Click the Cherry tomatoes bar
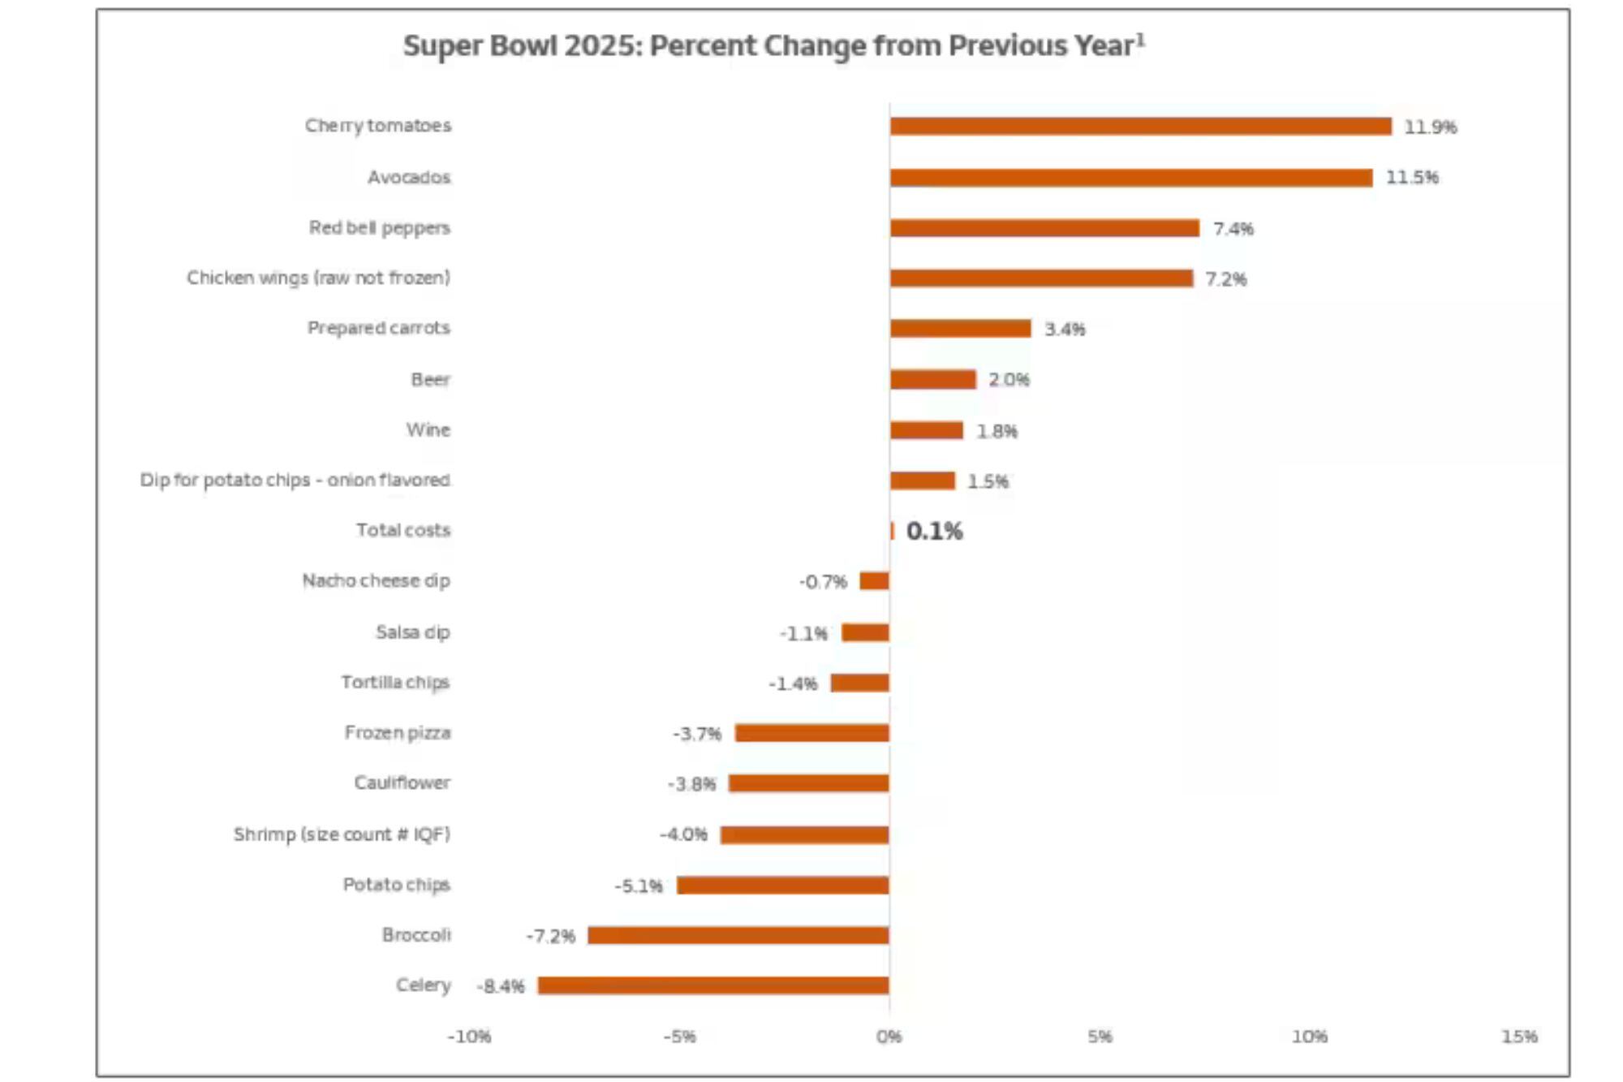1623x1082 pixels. click(1140, 126)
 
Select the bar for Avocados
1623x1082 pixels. click(1130, 177)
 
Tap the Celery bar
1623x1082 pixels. click(712, 985)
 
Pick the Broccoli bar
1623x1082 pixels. click(738, 935)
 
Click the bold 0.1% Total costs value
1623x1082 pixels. click(934, 531)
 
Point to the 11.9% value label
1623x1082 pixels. click(1430, 127)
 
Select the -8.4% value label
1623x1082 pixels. click(501, 986)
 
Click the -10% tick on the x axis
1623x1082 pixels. click(469, 1037)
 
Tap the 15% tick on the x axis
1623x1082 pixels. click(1518, 1037)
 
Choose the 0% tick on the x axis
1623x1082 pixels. click(889, 1037)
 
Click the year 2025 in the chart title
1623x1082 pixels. click(602, 45)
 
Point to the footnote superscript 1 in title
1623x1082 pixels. click(1140, 39)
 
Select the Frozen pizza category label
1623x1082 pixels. click(397, 732)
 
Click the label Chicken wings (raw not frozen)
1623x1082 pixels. click(318, 278)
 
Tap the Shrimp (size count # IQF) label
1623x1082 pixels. click(341, 834)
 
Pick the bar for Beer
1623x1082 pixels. click(932, 379)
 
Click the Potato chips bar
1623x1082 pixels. click(782, 885)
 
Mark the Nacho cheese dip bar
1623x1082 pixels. click(874, 580)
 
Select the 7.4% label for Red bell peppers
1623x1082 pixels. click(1233, 229)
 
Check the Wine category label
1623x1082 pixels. click(428, 429)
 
